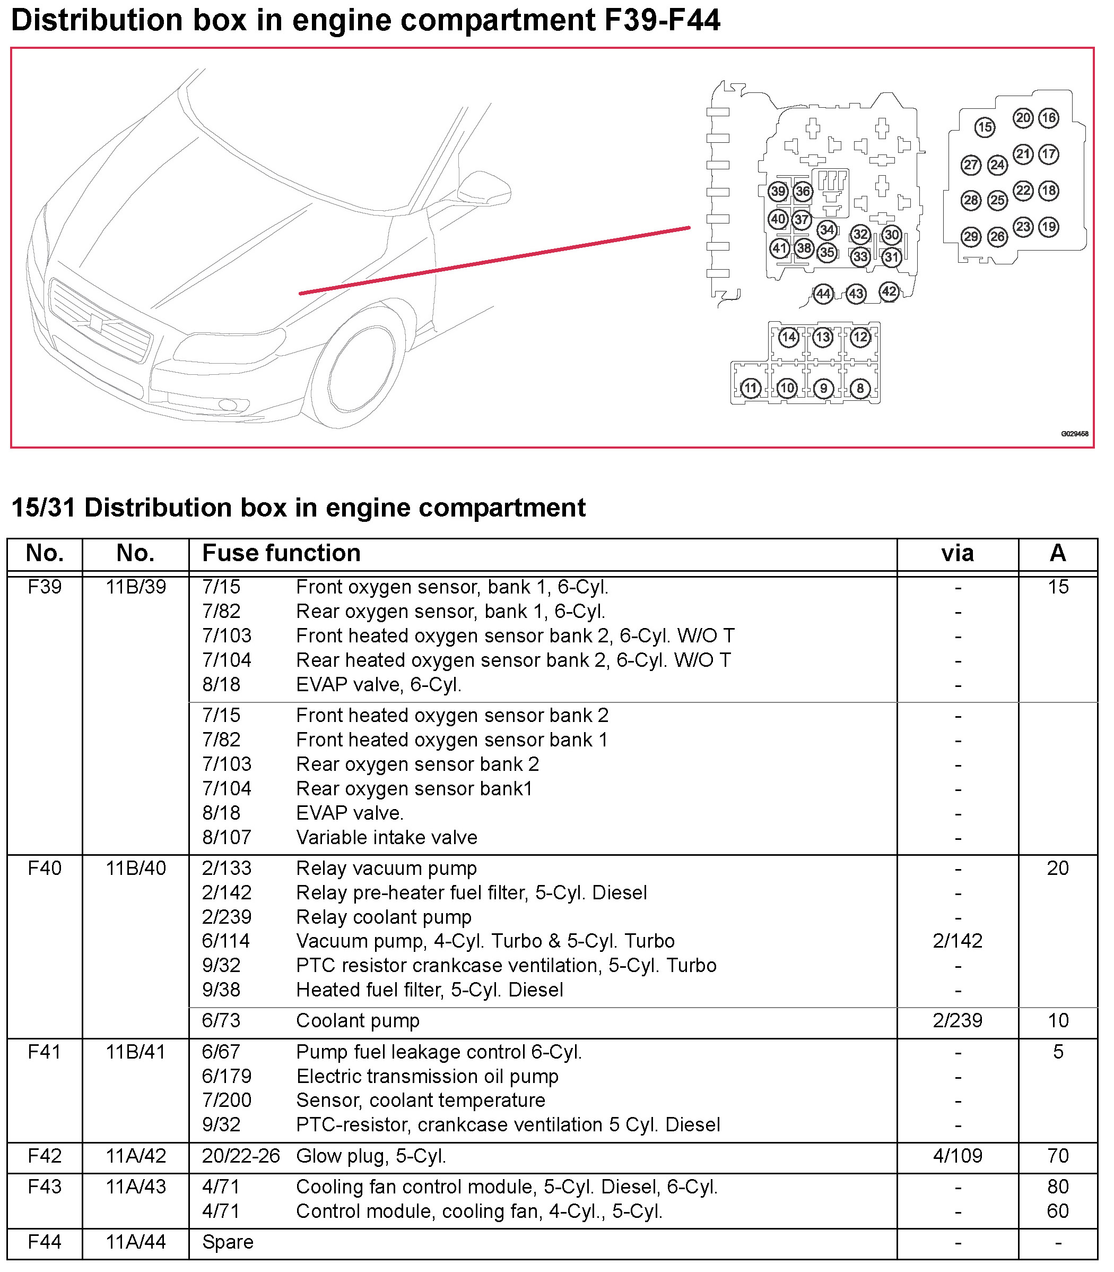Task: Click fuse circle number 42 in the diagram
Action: [889, 291]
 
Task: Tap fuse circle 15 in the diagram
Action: [984, 127]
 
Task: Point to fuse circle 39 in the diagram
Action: [778, 191]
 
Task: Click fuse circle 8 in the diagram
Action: [860, 388]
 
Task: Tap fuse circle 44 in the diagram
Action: [823, 294]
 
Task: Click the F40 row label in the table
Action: [45, 867]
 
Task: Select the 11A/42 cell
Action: [135, 1156]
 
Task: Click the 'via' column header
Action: [958, 553]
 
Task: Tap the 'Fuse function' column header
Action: [281, 553]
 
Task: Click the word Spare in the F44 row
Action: [228, 1242]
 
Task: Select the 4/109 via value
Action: [958, 1156]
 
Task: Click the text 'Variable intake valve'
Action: [387, 837]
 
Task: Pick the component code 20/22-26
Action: [241, 1156]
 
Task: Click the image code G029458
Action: [1074, 434]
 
